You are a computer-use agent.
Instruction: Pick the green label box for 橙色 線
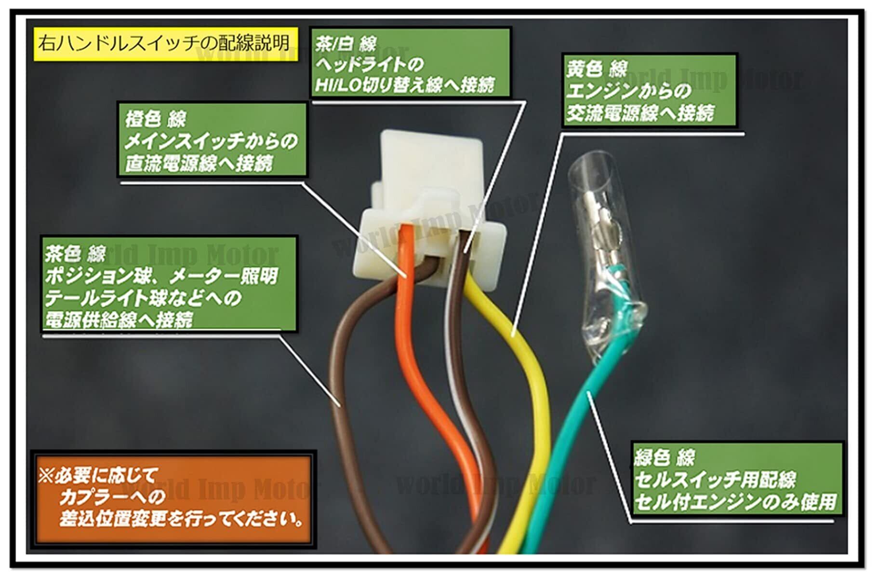[213, 140]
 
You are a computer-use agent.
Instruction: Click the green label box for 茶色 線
[169, 284]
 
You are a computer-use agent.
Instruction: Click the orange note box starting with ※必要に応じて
[173, 498]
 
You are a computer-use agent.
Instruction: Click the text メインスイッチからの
[211, 141]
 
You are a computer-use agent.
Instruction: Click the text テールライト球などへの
[143, 298]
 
